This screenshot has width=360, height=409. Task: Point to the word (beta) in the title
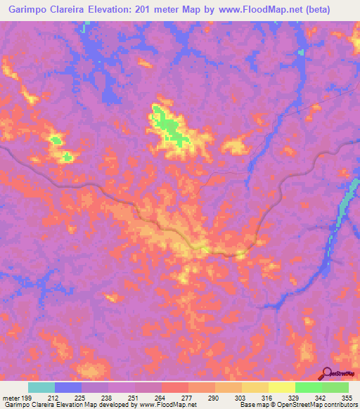point(335,11)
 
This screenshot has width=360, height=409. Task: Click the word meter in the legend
point(11,397)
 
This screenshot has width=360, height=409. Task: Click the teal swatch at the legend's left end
point(41,387)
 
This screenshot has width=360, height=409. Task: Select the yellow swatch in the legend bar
point(281,387)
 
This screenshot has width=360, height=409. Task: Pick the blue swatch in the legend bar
point(68,387)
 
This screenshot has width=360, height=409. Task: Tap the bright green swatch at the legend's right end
point(335,387)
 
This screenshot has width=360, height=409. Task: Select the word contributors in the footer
point(341,405)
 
